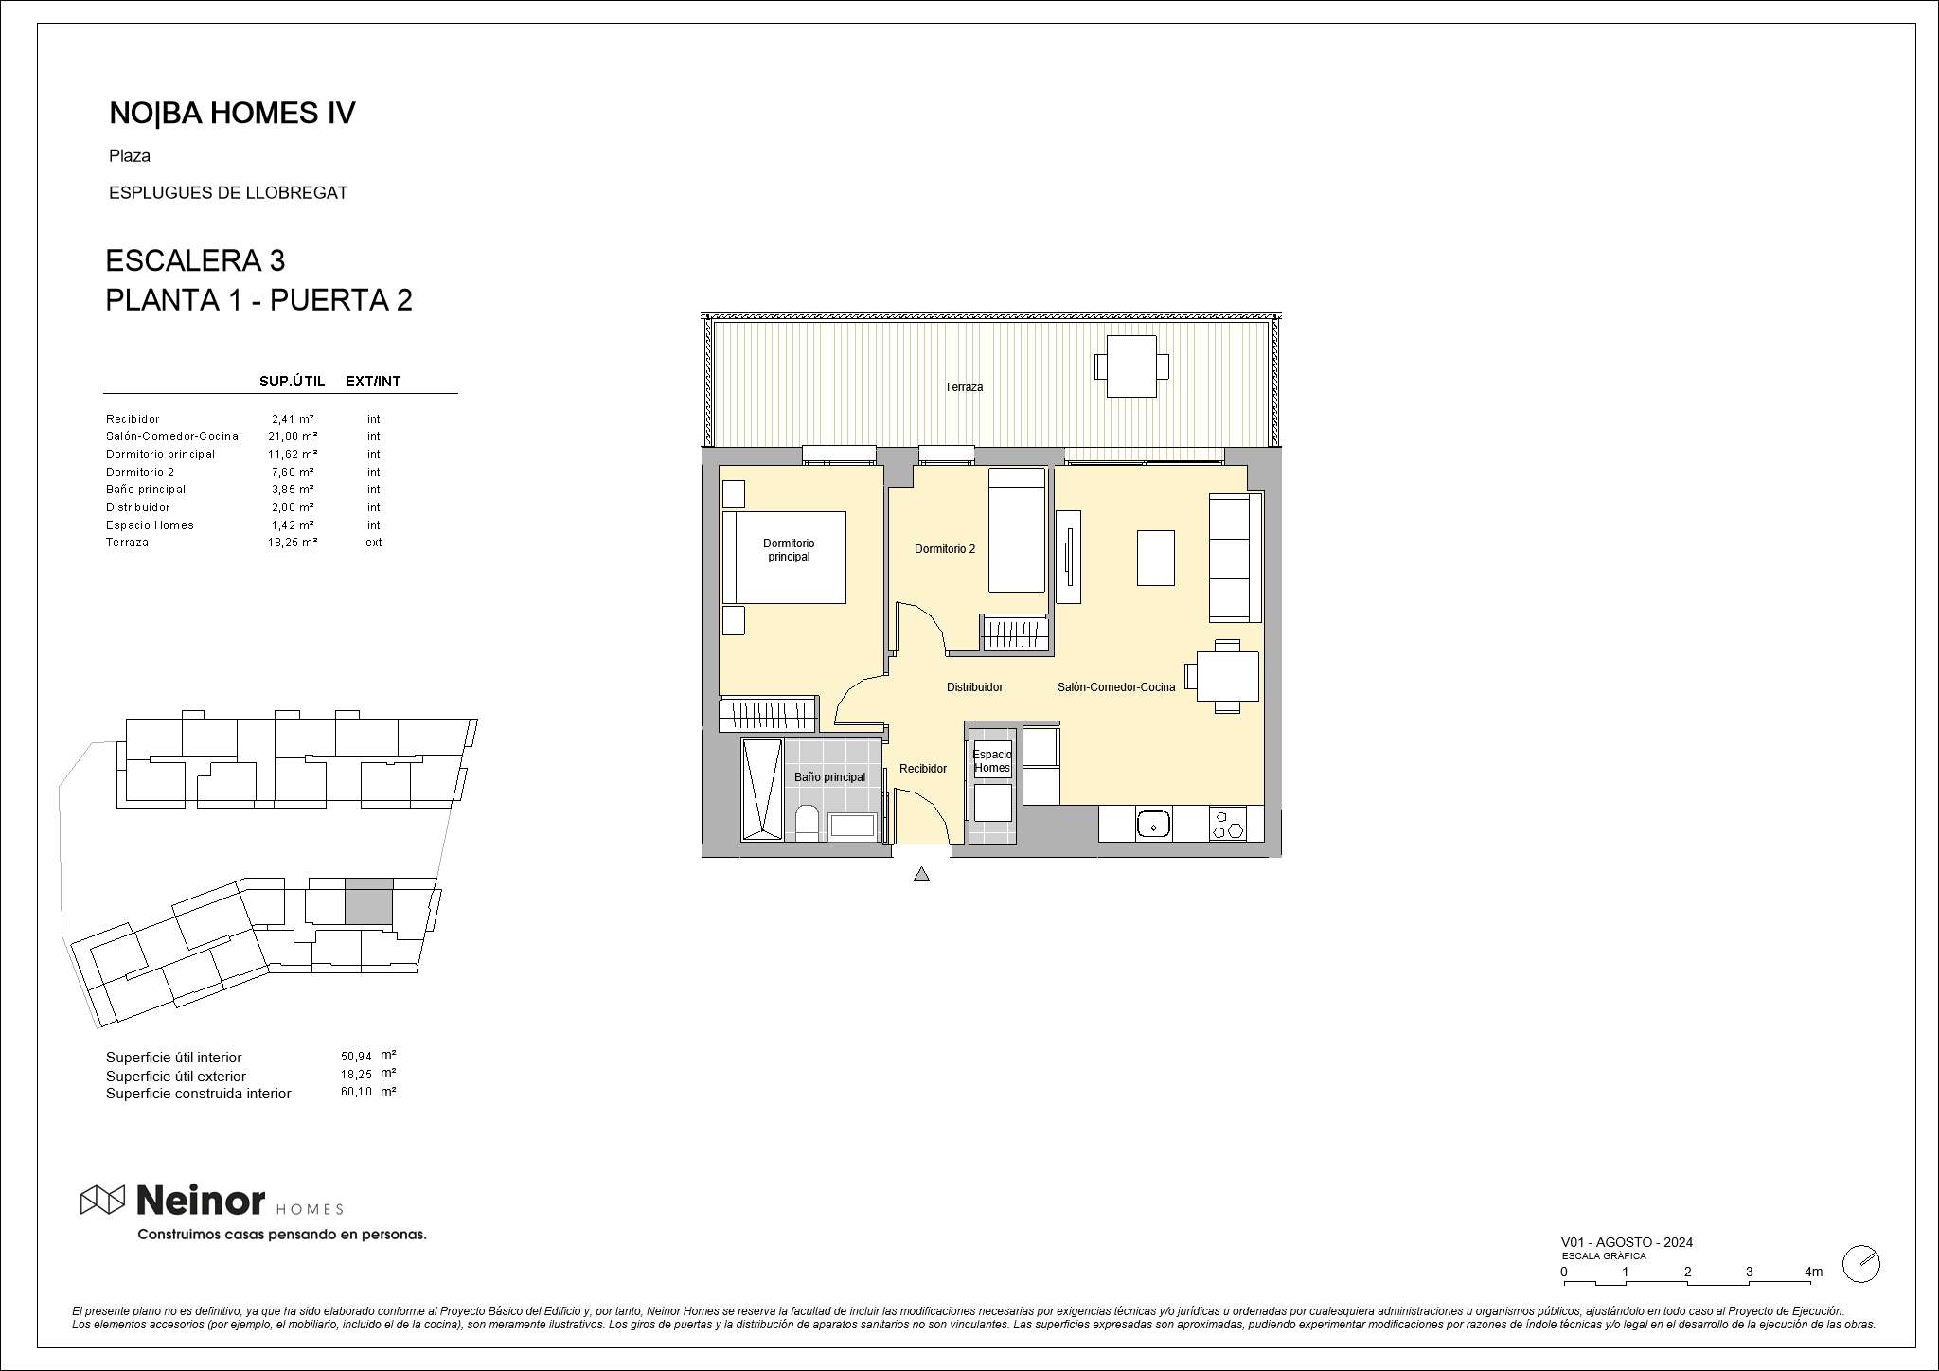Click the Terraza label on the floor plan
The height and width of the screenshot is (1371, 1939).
963,387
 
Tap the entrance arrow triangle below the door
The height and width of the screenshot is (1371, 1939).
921,874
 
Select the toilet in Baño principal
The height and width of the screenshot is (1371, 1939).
807,823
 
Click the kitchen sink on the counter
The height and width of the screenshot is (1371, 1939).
1153,824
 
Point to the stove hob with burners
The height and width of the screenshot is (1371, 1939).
1227,824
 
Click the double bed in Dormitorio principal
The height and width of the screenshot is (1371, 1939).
784,558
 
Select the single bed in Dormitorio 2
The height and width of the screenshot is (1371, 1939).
1017,530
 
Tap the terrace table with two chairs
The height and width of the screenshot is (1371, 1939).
1131,366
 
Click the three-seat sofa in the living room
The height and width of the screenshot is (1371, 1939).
1236,557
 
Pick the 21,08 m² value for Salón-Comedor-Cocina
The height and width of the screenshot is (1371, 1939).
293,436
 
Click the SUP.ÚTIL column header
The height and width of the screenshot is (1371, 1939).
292,382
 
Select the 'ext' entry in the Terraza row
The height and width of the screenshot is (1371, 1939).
374,543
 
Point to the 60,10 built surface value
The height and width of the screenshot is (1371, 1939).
356,1092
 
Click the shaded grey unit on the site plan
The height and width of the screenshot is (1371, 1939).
368,901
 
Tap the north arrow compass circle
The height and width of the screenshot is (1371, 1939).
1861,1264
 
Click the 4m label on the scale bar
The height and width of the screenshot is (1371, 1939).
1813,1272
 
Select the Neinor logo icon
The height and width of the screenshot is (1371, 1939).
102,1200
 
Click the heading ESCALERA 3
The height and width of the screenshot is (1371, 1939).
195,260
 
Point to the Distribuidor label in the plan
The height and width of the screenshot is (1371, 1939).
974,687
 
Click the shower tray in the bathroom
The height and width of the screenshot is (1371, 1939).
762,790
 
